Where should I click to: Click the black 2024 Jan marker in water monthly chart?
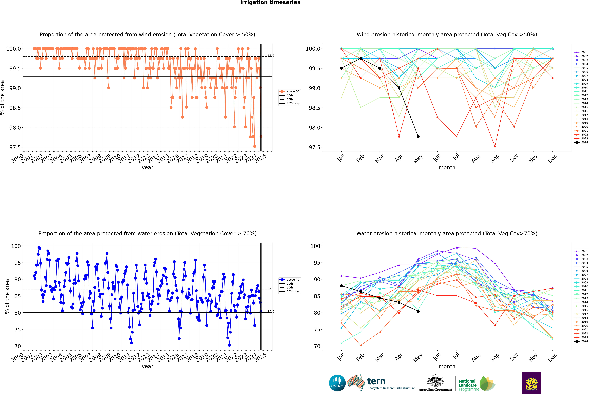tap(341, 286)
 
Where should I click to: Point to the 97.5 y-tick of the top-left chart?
tap(15, 147)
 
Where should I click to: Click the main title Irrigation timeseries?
tap(270, 2)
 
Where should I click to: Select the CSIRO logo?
tap(337, 383)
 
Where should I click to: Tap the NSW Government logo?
tap(531, 383)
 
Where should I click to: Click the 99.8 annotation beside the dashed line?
tap(271, 56)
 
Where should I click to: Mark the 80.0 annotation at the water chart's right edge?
tap(271, 312)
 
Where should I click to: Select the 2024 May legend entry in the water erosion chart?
tap(293, 291)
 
